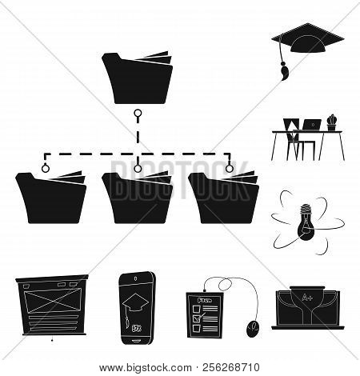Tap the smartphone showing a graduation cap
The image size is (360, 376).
point(139,305)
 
